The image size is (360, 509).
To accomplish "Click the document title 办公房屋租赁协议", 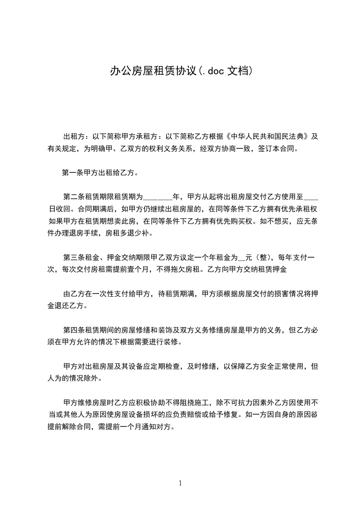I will [153, 71].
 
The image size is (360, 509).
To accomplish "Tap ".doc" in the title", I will [213, 71].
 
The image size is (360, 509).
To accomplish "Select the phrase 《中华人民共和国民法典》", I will [267, 136].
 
